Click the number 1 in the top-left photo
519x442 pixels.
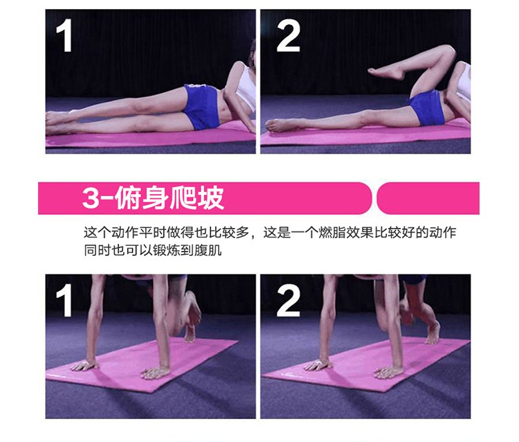tap(65, 35)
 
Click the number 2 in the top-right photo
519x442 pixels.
tap(289, 35)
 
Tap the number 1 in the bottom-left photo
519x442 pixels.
tap(65, 300)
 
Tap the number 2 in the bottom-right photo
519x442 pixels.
tap(289, 300)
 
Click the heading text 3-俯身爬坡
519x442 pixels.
tap(153, 198)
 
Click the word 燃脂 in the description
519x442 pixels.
tap(332, 232)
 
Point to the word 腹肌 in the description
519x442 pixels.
tap(208, 250)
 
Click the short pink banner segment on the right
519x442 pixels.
tap(428, 198)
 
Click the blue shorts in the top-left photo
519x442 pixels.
tap(201, 106)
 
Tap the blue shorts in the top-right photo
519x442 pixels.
tap(427, 107)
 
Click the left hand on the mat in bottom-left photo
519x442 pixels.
tap(84, 365)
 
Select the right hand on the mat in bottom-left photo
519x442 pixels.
tap(156, 373)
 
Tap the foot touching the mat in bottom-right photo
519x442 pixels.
tap(432, 333)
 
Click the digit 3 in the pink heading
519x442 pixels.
tap(91, 198)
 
